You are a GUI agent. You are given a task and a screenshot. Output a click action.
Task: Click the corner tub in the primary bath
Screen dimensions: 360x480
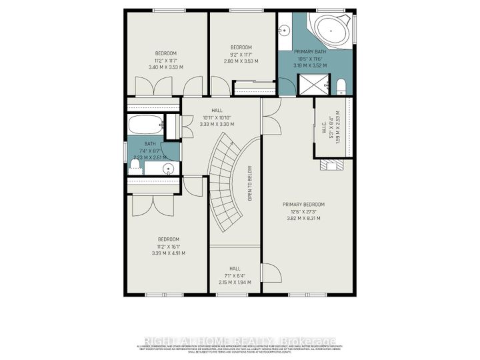(x=331, y=31)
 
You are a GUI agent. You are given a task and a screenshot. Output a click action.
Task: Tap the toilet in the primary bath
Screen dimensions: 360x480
(x=341, y=85)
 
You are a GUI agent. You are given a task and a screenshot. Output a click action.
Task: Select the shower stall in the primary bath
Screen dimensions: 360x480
(x=312, y=84)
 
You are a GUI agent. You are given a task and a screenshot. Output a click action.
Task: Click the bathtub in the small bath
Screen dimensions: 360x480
(x=144, y=124)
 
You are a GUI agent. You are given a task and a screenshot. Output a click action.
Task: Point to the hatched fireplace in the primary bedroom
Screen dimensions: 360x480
(x=332, y=167)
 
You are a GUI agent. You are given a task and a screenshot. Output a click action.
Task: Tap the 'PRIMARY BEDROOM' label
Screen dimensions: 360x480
(x=303, y=205)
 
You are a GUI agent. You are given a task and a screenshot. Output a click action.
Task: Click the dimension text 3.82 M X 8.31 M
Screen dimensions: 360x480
(x=303, y=218)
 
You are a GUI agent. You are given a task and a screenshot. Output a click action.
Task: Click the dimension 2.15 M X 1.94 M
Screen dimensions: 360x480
(x=235, y=282)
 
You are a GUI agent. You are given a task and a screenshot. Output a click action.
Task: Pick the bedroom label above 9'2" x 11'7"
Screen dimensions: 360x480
(x=241, y=47)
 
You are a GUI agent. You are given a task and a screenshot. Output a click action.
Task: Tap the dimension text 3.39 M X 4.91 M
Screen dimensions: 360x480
(x=168, y=253)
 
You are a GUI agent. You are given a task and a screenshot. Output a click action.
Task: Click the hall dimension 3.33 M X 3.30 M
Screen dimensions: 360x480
(x=217, y=124)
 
